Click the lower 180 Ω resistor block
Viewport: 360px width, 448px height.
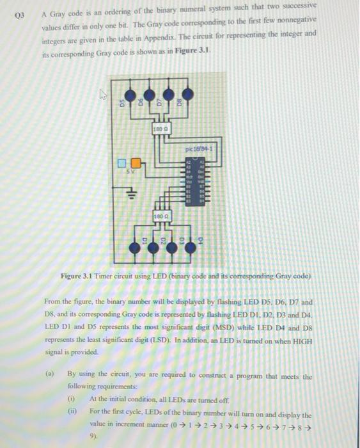pyautogui.click(x=160, y=218)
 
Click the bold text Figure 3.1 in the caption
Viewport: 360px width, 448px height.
pyautogui.click(x=79, y=276)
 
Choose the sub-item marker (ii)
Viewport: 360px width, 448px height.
pyautogui.click(x=72, y=410)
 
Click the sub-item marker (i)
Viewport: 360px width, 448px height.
pyautogui.click(x=72, y=398)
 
